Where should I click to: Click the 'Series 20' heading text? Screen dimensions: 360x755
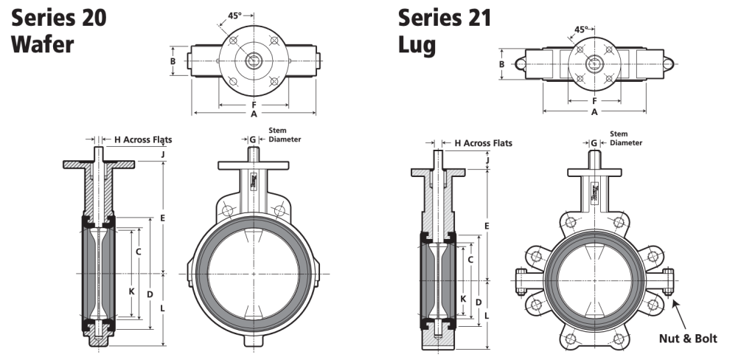point(58,18)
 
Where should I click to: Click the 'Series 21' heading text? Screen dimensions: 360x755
point(445,18)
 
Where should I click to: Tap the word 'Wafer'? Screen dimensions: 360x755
point(43,44)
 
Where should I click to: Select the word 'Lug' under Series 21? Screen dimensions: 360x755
point(417,44)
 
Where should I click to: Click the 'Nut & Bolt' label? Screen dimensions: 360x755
point(686,339)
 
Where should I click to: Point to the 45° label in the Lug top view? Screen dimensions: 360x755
point(581,30)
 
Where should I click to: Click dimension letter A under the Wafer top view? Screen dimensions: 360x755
point(254,114)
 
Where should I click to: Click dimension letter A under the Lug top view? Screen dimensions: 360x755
point(594,112)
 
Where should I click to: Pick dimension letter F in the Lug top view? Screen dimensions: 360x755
point(594,100)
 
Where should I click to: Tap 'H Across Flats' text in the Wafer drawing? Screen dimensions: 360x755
point(142,139)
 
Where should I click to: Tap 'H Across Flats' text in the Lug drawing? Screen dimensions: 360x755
point(483,143)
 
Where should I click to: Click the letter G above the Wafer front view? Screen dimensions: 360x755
point(253,139)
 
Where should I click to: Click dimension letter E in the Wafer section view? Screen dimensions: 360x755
point(161,218)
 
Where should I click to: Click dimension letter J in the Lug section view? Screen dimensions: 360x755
point(487,159)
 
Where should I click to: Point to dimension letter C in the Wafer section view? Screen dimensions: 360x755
point(138,250)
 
